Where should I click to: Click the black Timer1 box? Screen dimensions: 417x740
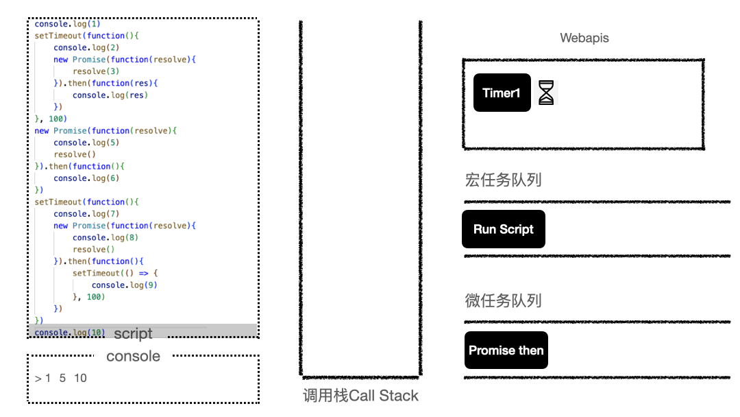(502, 93)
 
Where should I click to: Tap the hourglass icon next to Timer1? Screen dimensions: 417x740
(545, 93)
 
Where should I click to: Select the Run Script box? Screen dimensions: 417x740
(503, 229)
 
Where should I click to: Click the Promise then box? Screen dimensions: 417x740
(506, 350)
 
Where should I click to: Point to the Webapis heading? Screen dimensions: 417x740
(584, 38)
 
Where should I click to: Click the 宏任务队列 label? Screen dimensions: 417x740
(503, 180)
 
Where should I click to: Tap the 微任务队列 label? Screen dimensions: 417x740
(503, 300)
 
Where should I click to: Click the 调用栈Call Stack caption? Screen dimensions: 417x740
(360, 396)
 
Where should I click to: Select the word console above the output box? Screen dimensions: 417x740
(133, 356)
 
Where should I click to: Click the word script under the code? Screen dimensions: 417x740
(133, 334)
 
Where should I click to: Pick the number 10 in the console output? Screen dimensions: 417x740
(80, 378)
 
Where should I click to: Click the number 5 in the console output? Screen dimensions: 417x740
(62, 378)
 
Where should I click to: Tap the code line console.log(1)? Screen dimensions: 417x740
(67, 24)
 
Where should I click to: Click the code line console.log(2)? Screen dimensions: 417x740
(86, 47)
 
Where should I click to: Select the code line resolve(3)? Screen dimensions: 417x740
(96, 71)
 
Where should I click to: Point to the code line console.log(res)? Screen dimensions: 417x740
(110, 95)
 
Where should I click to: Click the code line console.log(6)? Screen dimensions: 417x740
(86, 178)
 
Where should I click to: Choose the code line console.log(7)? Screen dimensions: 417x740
(86, 214)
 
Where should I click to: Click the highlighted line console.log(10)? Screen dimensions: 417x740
(69, 333)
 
